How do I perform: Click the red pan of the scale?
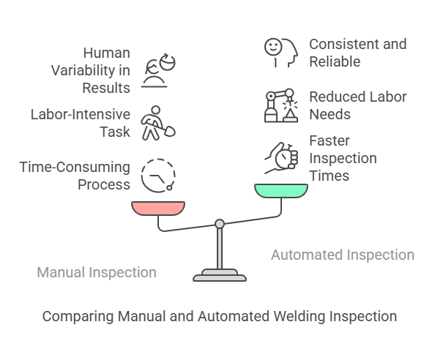coord(158,208)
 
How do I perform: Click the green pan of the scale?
coord(281,191)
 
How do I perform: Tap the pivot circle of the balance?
coord(220,224)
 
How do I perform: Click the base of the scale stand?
coord(220,275)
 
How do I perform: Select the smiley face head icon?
coord(281,53)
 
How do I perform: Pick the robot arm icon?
coord(281,105)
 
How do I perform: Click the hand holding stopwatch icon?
coord(281,158)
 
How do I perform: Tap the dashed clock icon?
coord(158,176)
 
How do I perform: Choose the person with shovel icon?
coord(158,123)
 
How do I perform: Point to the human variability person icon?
coord(158,70)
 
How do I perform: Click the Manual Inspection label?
coord(97,272)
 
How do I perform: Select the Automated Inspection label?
coord(343,255)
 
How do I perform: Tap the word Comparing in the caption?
coord(78,316)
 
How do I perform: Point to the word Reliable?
coord(335,61)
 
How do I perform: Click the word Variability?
coord(83,70)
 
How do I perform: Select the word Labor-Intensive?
coord(80,114)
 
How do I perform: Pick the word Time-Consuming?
coord(75,167)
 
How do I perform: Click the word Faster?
coord(330,140)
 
